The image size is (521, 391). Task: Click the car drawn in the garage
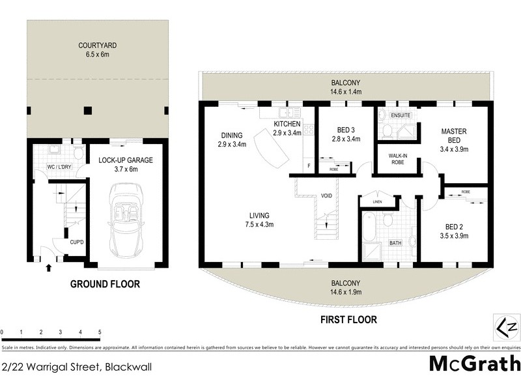pos(125,220)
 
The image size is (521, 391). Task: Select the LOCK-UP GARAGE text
pos(127,160)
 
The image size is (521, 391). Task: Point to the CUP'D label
pos(77,242)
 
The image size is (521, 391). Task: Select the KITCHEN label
pos(287,124)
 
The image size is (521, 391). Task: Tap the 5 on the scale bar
pos(100,332)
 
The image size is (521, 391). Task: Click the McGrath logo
pos(473,363)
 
